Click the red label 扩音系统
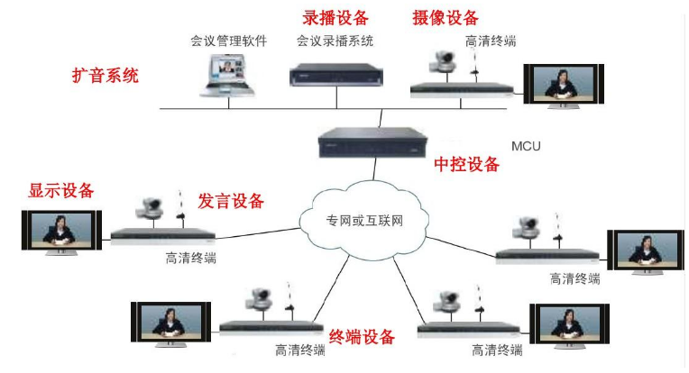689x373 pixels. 106,76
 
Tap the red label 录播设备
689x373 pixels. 334,17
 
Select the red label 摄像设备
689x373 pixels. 446,18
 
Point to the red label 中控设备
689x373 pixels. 466,165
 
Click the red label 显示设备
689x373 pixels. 61,191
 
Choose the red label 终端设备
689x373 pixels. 362,337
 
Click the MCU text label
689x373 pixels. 526,144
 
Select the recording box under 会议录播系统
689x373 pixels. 335,72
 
